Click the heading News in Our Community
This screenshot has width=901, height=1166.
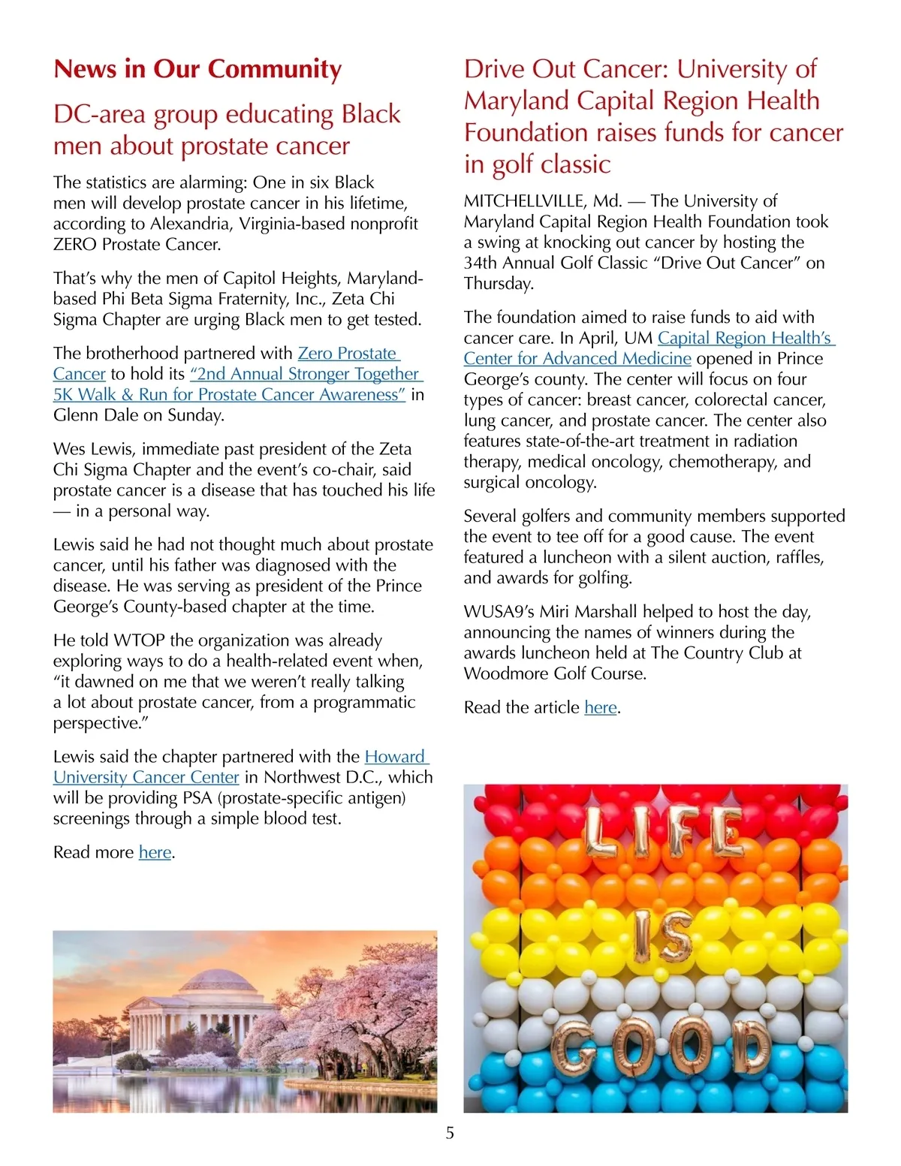pyautogui.click(x=197, y=69)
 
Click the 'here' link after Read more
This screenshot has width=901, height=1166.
pyautogui.click(x=155, y=852)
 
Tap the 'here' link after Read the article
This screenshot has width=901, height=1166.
pyautogui.click(x=600, y=707)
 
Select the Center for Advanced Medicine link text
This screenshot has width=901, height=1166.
pyautogui.click(x=577, y=359)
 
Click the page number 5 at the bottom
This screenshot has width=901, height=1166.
pyautogui.click(x=450, y=1133)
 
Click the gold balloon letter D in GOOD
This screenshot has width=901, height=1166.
pyautogui.click(x=751, y=1047)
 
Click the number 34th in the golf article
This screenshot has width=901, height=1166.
pyautogui.click(x=484, y=263)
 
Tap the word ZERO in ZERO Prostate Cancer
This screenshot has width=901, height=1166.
pyautogui.click(x=75, y=244)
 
